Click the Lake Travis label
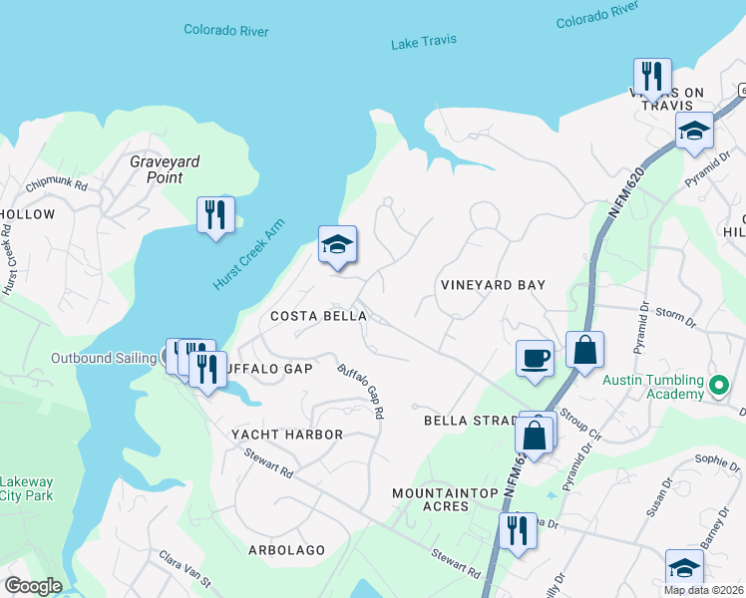[424, 41]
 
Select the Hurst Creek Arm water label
[248, 255]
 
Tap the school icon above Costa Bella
[338, 244]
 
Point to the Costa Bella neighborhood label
[318, 316]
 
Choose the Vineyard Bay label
[493, 285]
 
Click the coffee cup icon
[535, 358]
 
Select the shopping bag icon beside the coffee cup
[584, 350]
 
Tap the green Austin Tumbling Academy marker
[717, 383]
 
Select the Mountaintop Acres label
[430, 499]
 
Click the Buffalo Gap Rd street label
[361, 390]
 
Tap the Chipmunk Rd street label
[57, 185]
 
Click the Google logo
[33, 586]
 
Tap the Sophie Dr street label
[717, 461]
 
